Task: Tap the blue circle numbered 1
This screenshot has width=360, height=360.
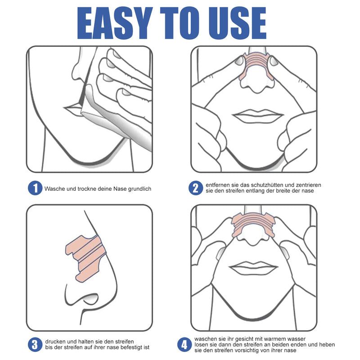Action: [34, 189]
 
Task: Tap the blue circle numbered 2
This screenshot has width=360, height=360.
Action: [195, 188]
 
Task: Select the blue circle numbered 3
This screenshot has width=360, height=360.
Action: [34, 345]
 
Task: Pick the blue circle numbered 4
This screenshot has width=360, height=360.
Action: [184, 345]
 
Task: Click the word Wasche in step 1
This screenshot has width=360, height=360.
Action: [54, 189]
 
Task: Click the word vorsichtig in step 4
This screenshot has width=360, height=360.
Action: [259, 350]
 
